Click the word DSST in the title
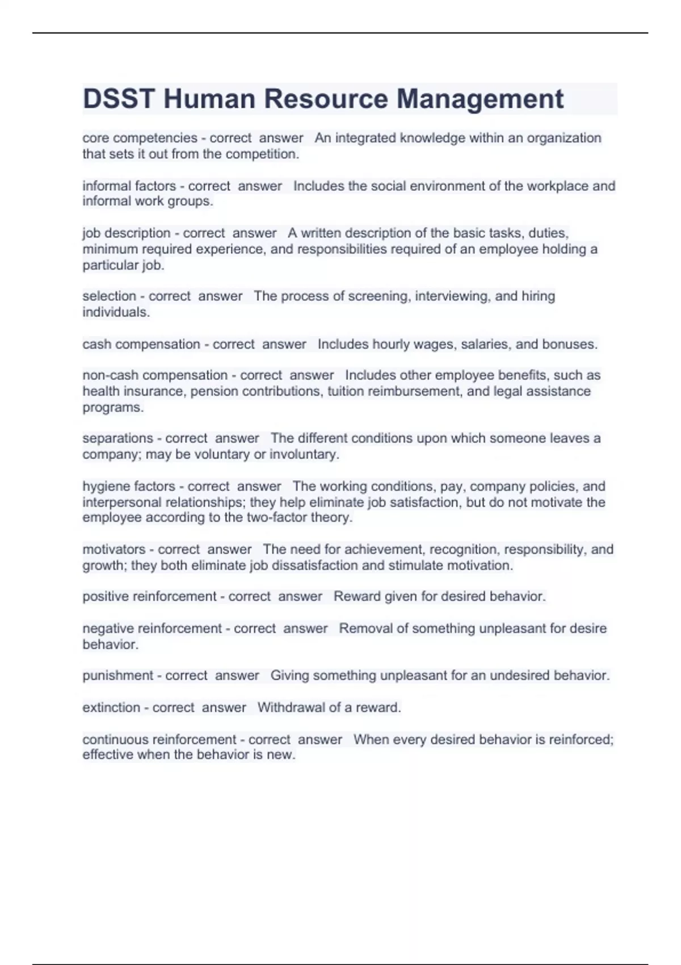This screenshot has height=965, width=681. click(x=118, y=99)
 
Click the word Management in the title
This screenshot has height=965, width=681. click(x=480, y=99)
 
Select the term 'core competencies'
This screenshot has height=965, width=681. click(x=140, y=138)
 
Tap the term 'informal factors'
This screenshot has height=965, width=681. click(x=129, y=186)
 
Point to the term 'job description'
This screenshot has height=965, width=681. click(x=127, y=233)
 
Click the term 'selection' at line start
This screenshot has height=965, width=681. click(x=109, y=296)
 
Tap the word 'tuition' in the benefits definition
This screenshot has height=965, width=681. click(x=346, y=391)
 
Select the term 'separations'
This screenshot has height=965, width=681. click(x=117, y=438)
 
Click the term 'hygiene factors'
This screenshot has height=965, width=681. click(x=129, y=486)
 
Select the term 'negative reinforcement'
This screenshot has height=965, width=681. click(x=152, y=628)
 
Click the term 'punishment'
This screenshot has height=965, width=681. click(x=117, y=675)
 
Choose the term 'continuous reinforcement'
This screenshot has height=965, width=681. click(x=159, y=739)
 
